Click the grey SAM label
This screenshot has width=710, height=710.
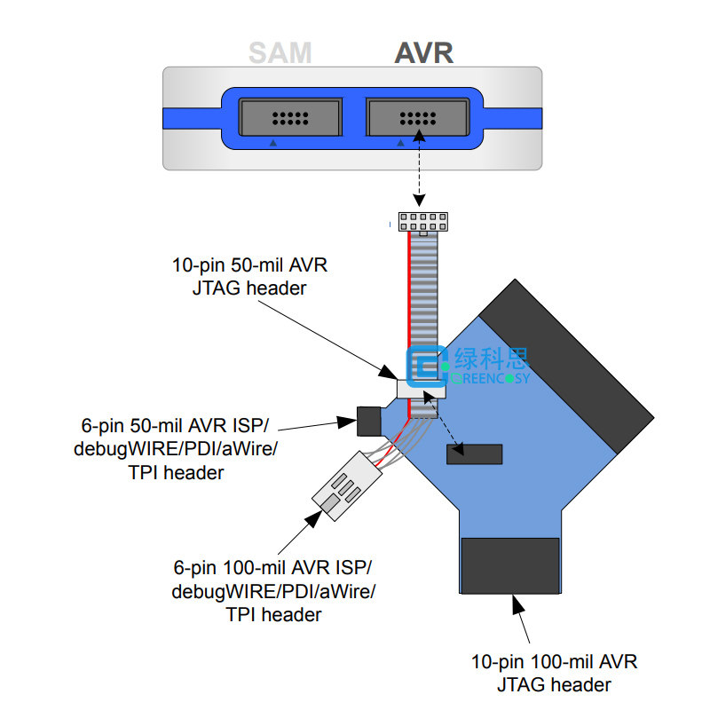tap(280, 53)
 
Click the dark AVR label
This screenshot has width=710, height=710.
tap(424, 53)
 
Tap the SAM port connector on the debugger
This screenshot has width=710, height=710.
tap(290, 117)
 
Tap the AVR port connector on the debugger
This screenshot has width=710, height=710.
tap(417, 117)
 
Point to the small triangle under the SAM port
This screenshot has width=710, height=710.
tap(273, 143)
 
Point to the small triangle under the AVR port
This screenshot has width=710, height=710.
tap(400, 143)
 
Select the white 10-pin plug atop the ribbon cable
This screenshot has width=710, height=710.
tap(423, 222)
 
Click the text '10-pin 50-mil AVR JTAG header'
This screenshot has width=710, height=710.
tap(249, 276)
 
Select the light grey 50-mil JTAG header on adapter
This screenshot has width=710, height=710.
tap(421, 389)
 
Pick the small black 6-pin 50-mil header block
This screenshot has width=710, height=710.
tap(369, 421)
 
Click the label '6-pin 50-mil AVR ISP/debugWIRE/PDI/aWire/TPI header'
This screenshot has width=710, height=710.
tap(176, 449)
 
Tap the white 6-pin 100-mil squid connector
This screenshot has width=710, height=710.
tap(347, 485)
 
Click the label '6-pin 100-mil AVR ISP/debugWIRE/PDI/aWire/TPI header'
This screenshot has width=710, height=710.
tap(273, 591)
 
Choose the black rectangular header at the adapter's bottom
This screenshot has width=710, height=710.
tap(510, 565)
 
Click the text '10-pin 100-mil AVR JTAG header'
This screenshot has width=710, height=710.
tap(554, 673)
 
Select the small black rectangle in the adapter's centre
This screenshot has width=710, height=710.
tap(475, 454)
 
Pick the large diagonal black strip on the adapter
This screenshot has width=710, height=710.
tap(566, 367)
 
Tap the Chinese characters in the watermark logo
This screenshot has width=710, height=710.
tap(492, 359)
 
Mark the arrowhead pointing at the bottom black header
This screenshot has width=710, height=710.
tap(518, 604)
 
